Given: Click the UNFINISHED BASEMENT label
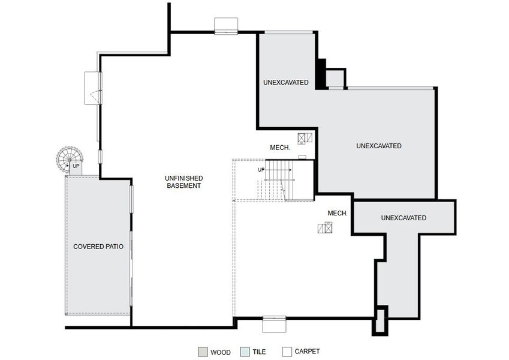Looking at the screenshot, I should pos(183,182).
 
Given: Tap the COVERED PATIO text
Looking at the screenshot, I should pos(98,247).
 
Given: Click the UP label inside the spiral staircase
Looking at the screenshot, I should pos(76,166).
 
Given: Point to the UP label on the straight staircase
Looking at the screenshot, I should pos(261,170).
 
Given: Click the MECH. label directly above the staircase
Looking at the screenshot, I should pos(280,148).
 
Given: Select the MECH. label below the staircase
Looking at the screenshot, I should pos(338,213).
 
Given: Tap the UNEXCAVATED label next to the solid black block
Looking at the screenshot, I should pos(285,82).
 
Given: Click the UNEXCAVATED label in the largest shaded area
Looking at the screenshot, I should pos(378,146).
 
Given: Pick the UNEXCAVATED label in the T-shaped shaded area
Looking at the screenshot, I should pos(403,218).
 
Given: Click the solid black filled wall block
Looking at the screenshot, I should pos(321,74).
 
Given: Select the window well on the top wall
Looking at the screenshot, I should pos(227,25).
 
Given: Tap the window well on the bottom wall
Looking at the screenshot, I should pos(275,324).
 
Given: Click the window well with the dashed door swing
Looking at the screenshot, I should pos(93,88).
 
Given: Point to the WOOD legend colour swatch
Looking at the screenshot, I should pos(203,352).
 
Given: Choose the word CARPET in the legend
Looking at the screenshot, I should pos(307,352).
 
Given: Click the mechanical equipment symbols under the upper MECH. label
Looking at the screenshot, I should pos(305,139).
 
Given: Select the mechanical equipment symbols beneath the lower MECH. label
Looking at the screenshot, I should pos(325,227).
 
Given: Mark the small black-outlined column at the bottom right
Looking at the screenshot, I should pos(380,320).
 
